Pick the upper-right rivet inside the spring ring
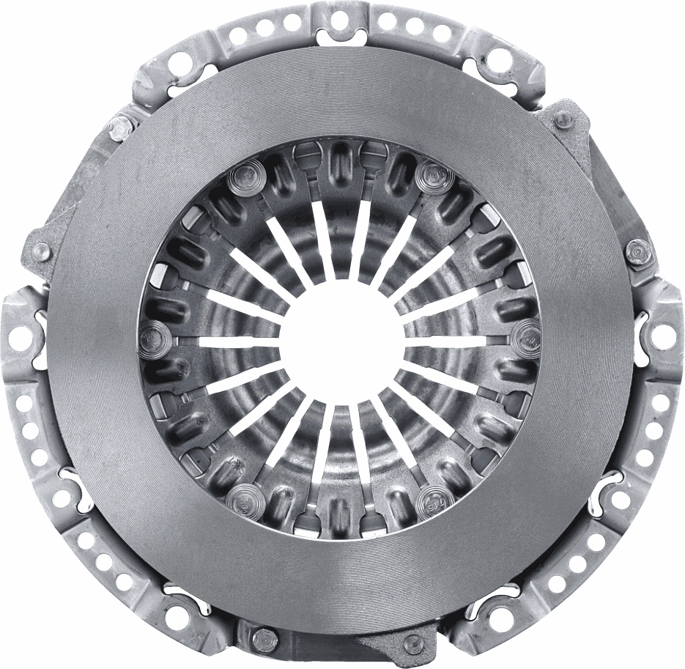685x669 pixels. point(434,174)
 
